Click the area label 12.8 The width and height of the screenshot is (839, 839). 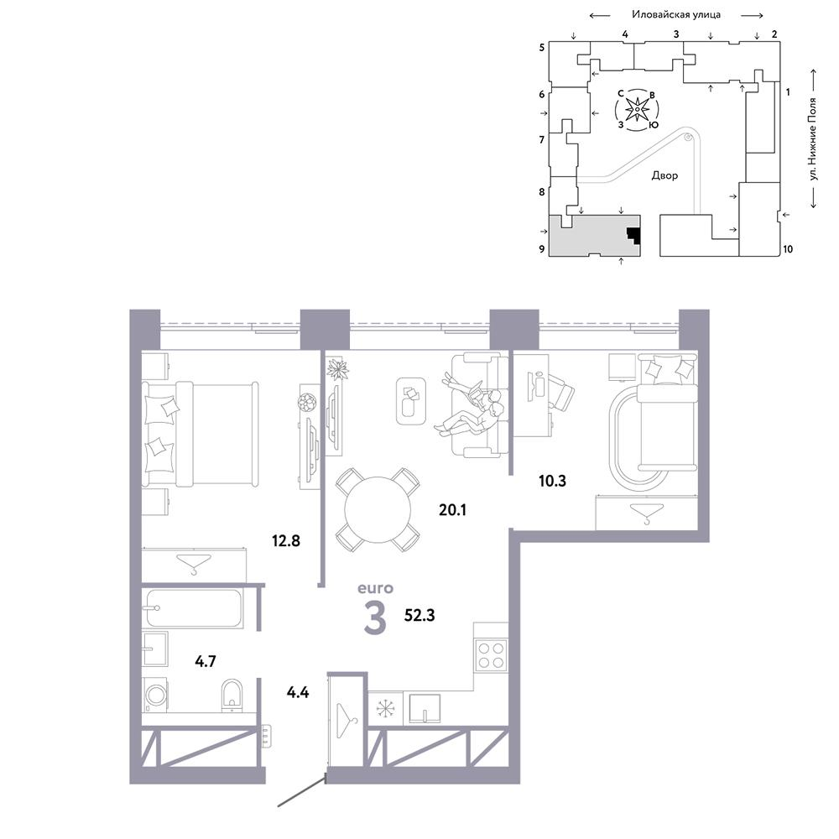pyautogui.click(x=286, y=540)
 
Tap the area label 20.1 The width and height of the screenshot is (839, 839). pyautogui.click(x=453, y=510)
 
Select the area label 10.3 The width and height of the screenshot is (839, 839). pyautogui.click(x=552, y=481)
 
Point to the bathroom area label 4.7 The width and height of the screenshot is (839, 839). pyautogui.click(x=206, y=661)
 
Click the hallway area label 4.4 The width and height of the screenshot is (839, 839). pyautogui.click(x=298, y=692)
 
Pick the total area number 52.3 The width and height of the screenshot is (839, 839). pyautogui.click(x=419, y=615)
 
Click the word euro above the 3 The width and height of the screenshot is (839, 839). pyautogui.click(x=375, y=588)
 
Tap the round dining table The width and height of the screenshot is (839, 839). pyautogui.click(x=378, y=510)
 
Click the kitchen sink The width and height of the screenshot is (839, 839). pyautogui.click(x=425, y=709)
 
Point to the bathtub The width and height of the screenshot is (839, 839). pyautogui.click(x=194, y=607)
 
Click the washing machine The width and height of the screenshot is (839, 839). pyautogui.click(x=156, y=695)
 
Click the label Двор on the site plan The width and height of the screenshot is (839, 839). pyautogui.click(x=664, y=175)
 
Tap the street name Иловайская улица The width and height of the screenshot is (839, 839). pyautogui.click(x=676, y=14)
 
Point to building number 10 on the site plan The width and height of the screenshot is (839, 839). pyautogui.click(x=788, y=249)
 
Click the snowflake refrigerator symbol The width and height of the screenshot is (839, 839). pyautogui.click(x=385, y=708)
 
